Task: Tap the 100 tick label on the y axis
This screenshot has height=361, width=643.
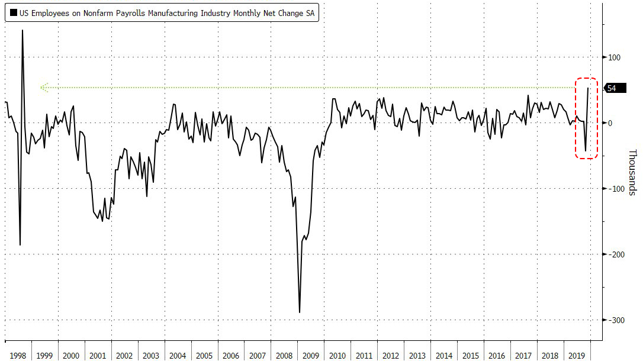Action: (614, 57)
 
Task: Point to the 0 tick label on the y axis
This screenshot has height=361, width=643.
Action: (610, 123)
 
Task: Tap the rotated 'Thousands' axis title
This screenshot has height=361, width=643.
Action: (632, 172)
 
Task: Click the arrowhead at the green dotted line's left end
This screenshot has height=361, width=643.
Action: (43, 88)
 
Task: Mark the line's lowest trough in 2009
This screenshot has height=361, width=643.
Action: (300, 312)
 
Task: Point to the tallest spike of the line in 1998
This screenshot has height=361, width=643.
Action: (22, 30)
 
